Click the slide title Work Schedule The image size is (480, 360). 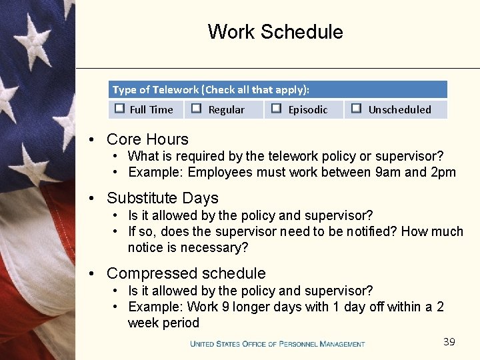point(275,32)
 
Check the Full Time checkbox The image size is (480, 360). point(119,109)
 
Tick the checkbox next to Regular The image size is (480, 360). point(197,109)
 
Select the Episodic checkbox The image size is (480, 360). point(276,109)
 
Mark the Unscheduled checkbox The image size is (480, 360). point(356,109)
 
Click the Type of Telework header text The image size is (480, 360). point(211,89)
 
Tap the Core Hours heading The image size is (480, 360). point(147,139)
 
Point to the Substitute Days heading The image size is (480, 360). point(162,198)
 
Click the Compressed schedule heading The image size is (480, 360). point(186,273)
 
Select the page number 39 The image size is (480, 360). point(449,342)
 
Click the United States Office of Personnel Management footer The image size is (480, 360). point(277,344)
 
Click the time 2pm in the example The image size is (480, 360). point(443,173)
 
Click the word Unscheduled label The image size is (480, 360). point(399,110)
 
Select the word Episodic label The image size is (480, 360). point(307,110)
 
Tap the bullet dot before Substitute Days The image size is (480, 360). point(94,198)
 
